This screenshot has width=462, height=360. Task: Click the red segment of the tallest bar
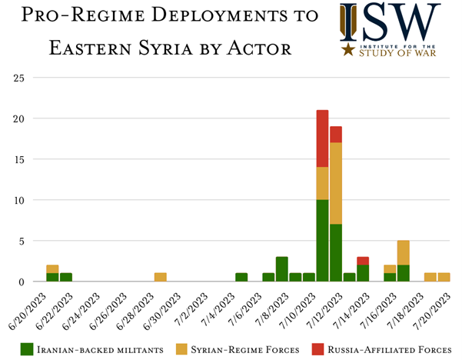tap(322, 138)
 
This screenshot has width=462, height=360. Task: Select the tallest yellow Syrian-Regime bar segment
tap(336, 183)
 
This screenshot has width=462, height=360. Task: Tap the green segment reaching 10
tap(322, 241)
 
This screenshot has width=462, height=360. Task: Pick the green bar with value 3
tap(282, 269)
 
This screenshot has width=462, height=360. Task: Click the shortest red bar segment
tap(363, 261)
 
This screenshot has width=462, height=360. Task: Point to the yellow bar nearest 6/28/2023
tap(160, 277)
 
